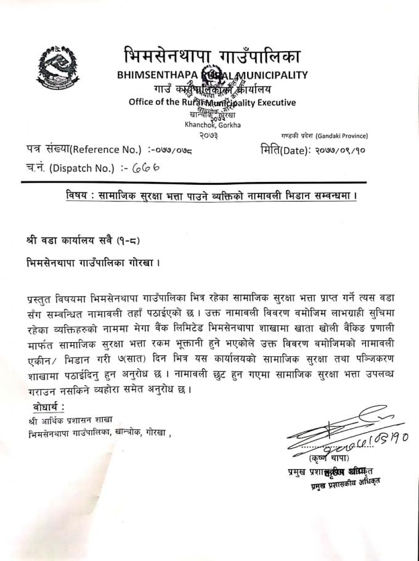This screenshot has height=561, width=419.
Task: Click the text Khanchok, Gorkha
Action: pos(213,125)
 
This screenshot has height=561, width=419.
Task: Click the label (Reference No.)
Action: pos(110,150)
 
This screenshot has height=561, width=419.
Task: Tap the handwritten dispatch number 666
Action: pos(147,167)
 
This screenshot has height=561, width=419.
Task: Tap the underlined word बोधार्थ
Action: pos(52,407)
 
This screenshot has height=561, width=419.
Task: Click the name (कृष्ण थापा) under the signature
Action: pos(329,458)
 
